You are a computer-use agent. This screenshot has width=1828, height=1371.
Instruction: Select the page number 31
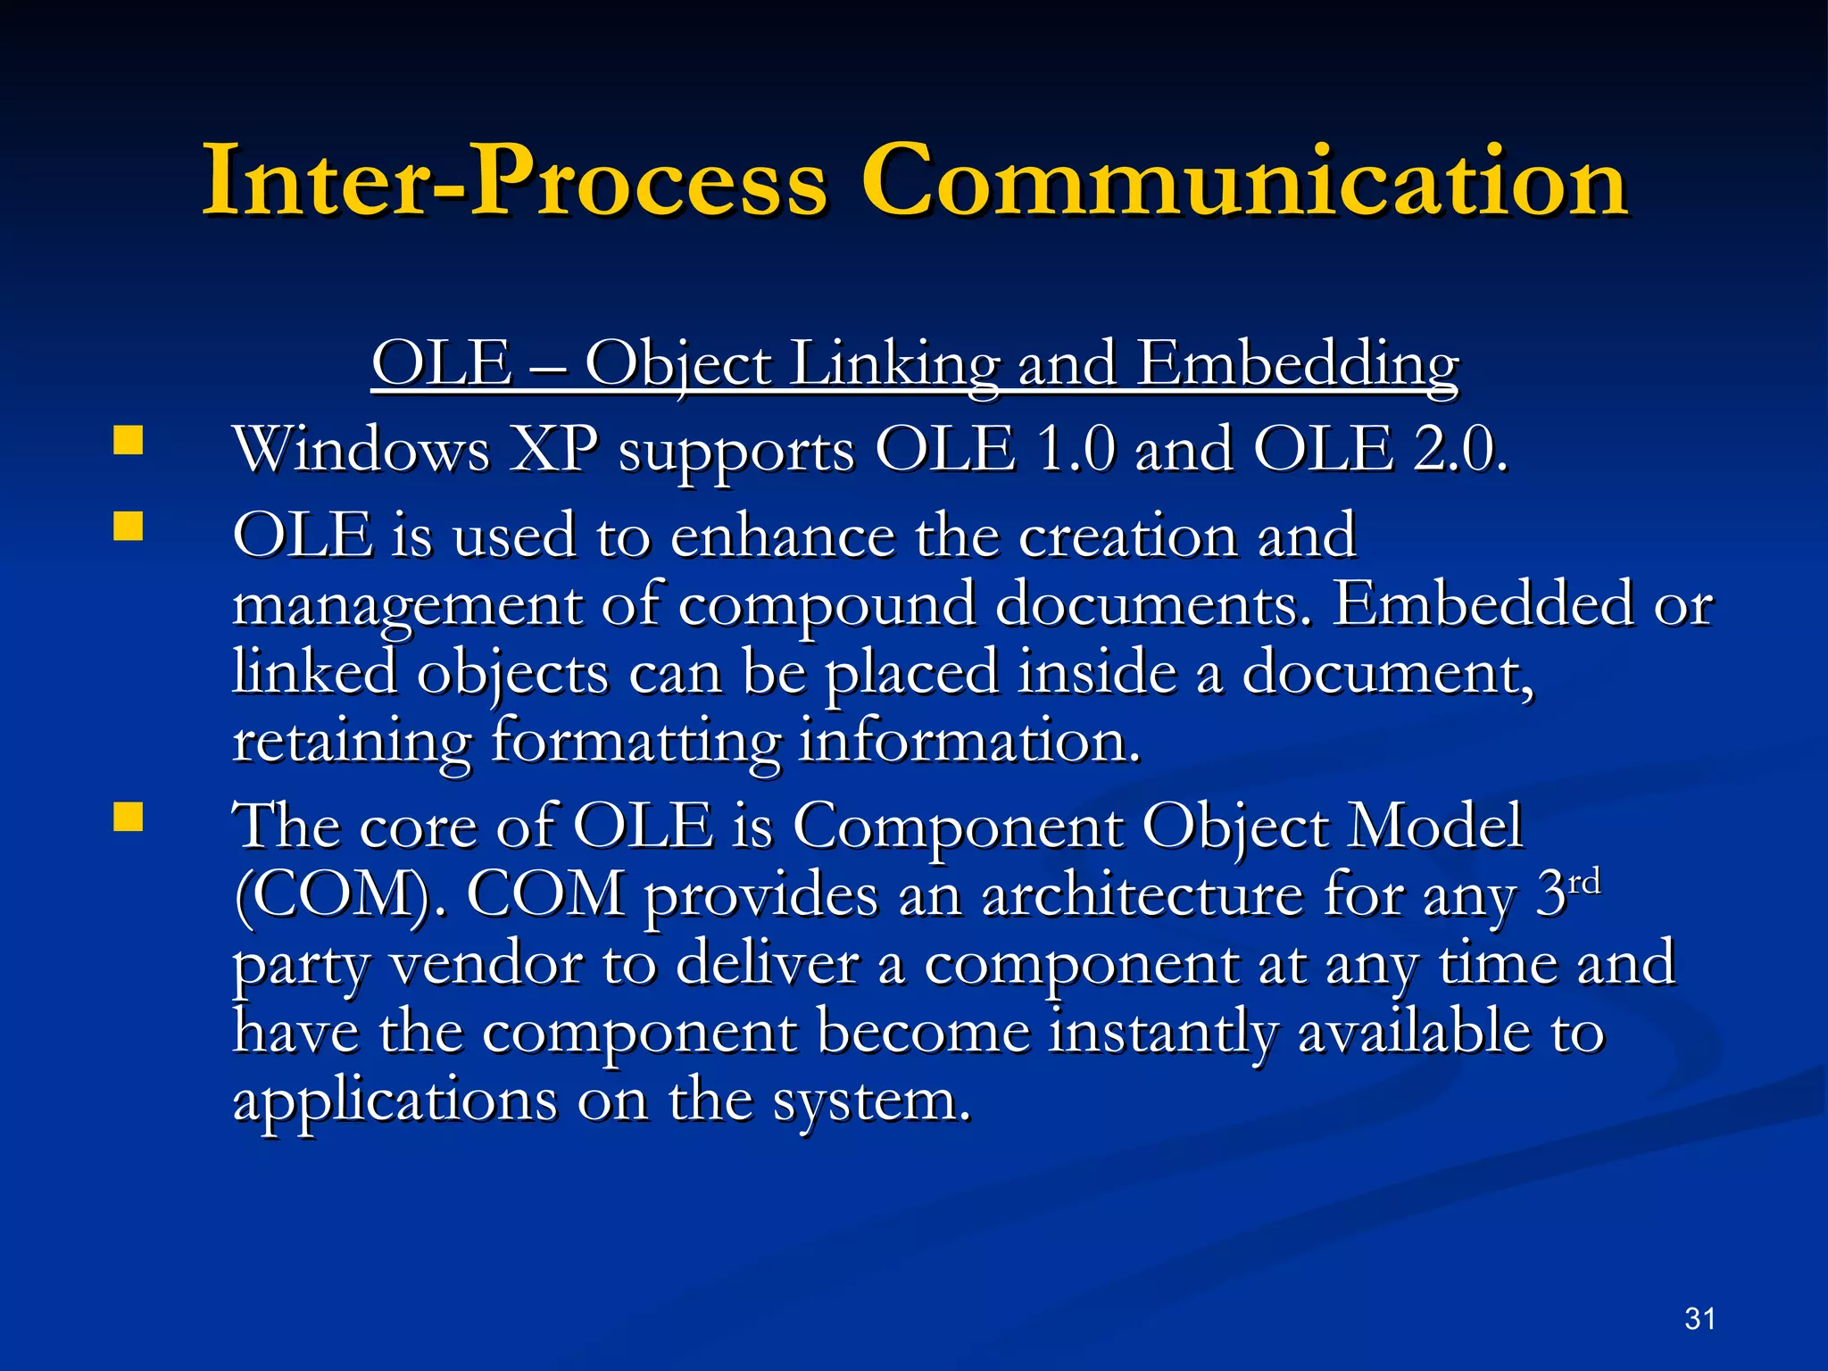tap(1699, 1318)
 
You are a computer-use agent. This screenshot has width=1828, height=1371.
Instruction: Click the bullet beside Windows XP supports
tap(129, 441)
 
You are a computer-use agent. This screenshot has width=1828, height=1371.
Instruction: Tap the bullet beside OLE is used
tap(129, 527)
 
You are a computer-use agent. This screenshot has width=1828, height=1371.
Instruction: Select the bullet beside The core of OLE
tap(129, 817)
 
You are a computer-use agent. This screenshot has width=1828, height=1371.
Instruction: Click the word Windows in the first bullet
tap(361, 449)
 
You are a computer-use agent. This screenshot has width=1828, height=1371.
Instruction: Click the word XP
tap(553, 449)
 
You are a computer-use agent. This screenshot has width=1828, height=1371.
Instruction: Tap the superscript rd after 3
tap(1584, 883)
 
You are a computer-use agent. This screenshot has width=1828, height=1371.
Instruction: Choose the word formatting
tap(636, 742)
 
